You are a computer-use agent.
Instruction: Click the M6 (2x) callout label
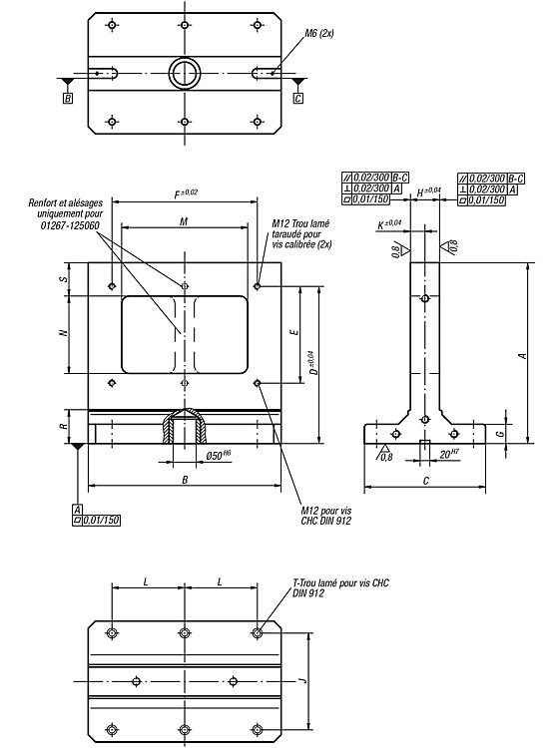coord(318,33)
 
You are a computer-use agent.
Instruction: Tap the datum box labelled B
coord(68,99)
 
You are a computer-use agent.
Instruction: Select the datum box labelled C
coord(298,99)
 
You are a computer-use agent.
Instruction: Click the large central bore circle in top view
coord(185,74)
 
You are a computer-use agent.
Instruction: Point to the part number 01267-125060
coord(70,224)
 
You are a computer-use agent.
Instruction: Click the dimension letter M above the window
coord(184,221)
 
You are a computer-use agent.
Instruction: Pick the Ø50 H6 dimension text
coord(219,455)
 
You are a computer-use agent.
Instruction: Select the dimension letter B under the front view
coord(186,480)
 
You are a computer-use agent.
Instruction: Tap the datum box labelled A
coord(77,510)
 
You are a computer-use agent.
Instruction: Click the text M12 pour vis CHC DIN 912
coord(326,516)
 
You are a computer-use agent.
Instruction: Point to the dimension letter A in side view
coord(523,356)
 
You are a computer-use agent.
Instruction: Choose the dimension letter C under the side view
coord(426,481)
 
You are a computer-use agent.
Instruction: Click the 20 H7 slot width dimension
coord(449,454)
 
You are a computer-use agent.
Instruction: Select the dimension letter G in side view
coord(500,434)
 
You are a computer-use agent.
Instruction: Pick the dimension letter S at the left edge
coord(65,279)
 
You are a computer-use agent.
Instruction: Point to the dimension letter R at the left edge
coord(65,426)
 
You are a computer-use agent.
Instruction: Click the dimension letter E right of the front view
coord(294,332)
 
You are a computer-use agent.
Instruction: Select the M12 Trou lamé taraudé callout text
coord(301,233)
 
